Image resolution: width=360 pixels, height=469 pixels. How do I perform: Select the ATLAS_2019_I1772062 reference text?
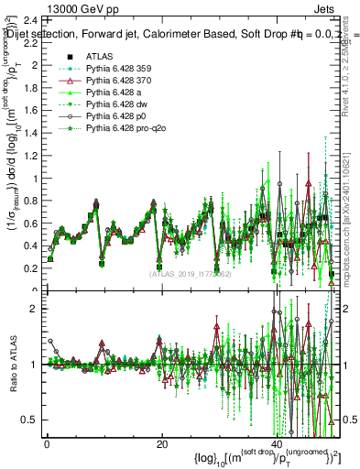tap(190, 273)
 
